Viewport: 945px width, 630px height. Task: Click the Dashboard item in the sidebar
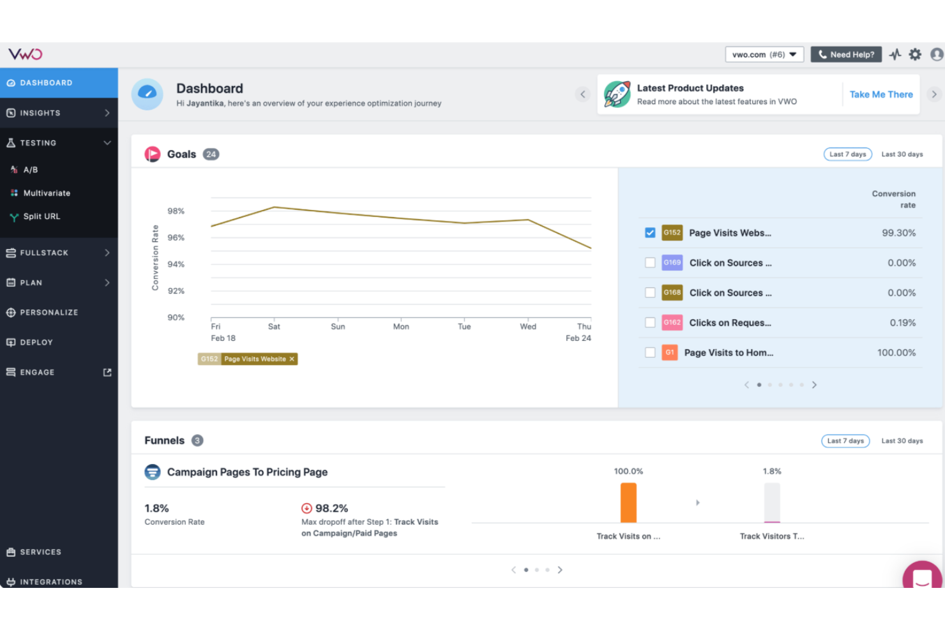coord(46,83)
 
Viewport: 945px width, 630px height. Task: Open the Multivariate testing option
coord(47,193)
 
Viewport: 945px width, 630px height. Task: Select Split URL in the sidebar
coord(42,216)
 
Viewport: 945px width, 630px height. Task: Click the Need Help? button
coord(846,55)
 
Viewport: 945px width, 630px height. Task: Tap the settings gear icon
coord(915,55)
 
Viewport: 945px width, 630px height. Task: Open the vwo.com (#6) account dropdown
coord(764,55)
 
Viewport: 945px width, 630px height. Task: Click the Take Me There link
coord(881,94)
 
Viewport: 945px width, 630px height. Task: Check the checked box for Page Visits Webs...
coord(650,233)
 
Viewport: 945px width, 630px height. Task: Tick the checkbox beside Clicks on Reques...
coord(650,323)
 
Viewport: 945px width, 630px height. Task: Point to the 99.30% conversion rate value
coord(898,233)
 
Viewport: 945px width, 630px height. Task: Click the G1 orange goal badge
coord(669,352)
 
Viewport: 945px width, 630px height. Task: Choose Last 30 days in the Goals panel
coord(902,154)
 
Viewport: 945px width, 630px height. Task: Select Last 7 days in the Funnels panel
coord(845,441)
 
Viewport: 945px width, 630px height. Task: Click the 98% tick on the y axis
coord(176,211)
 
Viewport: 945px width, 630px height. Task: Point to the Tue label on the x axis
coord(464,327)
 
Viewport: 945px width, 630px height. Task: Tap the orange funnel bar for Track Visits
coord(628,503)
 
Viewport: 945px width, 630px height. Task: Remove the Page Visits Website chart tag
coord(292,359)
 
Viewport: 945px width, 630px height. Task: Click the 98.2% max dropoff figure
coord(331,509)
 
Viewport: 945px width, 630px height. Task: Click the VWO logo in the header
coord(26,54)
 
